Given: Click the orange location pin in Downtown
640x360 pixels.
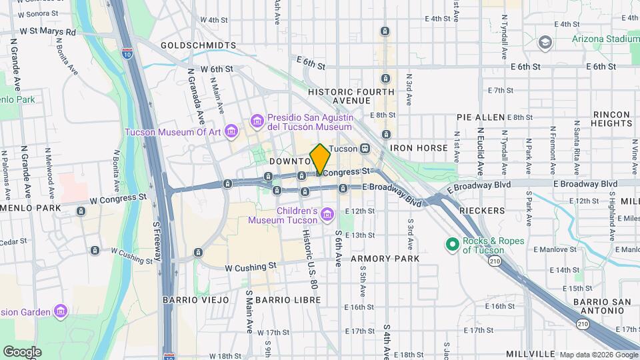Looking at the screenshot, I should [320, 159].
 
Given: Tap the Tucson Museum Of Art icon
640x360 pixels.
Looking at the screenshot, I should [231, 131].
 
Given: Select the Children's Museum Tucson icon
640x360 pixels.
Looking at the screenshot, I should [327, 214].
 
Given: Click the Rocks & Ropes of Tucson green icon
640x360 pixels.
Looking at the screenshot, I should [452, 245].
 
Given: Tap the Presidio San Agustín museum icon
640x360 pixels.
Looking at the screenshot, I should [257, 121].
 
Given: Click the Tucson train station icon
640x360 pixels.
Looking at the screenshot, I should [365, 148].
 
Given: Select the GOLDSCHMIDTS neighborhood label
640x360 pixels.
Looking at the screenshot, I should [199, 45].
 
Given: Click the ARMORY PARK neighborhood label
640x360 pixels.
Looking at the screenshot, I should [385, 258].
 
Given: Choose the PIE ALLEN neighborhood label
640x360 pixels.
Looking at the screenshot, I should [481, 117].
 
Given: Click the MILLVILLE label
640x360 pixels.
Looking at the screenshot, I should [531, 353].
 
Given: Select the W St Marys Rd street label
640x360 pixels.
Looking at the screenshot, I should [48, 31].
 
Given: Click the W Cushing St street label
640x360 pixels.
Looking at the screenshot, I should [251, 267].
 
